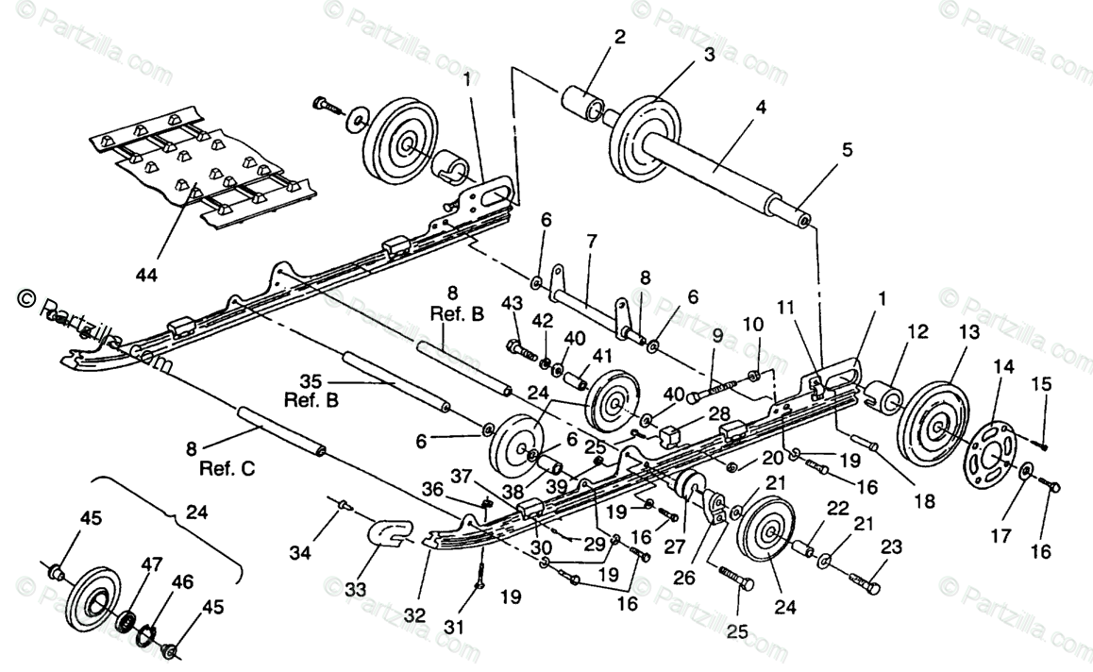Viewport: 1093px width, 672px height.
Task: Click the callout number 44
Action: (x=145, y=276)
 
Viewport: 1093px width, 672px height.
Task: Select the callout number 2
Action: (x=618, y=38)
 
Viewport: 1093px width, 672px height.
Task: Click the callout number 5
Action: (x=847, y=148)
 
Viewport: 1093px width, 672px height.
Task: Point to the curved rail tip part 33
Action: (x=384, y=534)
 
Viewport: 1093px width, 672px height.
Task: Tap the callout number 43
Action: (x=511, y=302)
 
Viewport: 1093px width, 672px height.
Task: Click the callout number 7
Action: (x=592, y=241)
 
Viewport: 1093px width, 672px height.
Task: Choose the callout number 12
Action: (x=917, y=331)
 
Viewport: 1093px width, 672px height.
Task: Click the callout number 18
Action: (x=924, y=501)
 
